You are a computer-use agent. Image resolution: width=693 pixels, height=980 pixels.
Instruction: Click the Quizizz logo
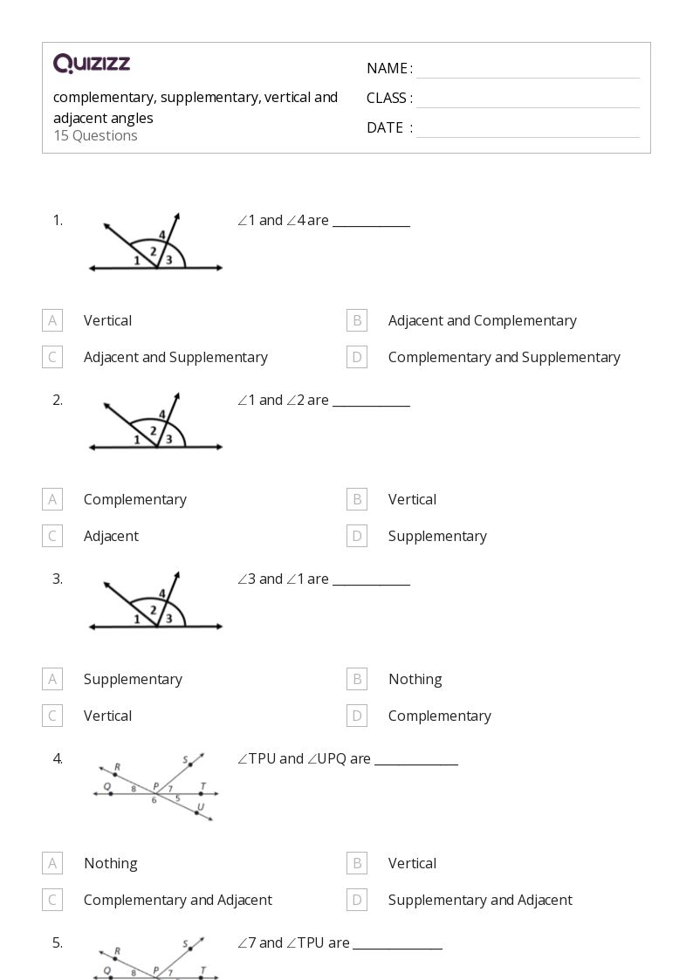coord(92,63)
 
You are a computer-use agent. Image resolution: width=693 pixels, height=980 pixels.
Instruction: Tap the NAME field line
coord(527,77)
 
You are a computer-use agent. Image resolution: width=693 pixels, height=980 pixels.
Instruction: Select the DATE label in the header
coord(385,127)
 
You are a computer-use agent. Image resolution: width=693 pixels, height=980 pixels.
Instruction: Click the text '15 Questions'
coord(95,135)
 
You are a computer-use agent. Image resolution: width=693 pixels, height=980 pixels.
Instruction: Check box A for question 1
coord(52,320)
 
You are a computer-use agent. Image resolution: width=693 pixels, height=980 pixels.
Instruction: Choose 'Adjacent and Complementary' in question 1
coord(482,320)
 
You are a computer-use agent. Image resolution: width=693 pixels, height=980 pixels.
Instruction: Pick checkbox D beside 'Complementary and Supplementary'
coord(356,357)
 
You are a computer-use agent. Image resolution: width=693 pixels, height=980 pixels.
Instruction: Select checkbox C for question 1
coord(52,357)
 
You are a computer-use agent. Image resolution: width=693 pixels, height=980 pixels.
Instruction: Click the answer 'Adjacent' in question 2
coord(111,536)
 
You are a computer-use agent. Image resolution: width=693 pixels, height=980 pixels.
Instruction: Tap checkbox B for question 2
coord(356,499)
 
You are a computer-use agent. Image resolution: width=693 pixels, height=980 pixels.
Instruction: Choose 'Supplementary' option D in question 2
coord(437,536)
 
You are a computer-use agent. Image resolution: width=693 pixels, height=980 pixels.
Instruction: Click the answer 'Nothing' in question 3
coord(415,679)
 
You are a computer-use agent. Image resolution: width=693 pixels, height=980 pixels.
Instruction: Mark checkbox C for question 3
coord(52,716)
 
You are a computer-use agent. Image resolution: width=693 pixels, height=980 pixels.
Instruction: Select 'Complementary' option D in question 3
coord(439,716)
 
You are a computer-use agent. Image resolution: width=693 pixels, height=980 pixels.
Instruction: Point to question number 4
coord(58,758)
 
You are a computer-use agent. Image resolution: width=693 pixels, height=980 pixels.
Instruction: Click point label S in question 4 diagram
coord(186,759)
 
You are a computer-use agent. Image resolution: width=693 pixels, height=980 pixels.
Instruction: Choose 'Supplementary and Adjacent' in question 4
coord(480,900)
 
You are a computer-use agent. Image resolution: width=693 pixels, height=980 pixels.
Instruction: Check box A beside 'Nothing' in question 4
coord(52,863)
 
